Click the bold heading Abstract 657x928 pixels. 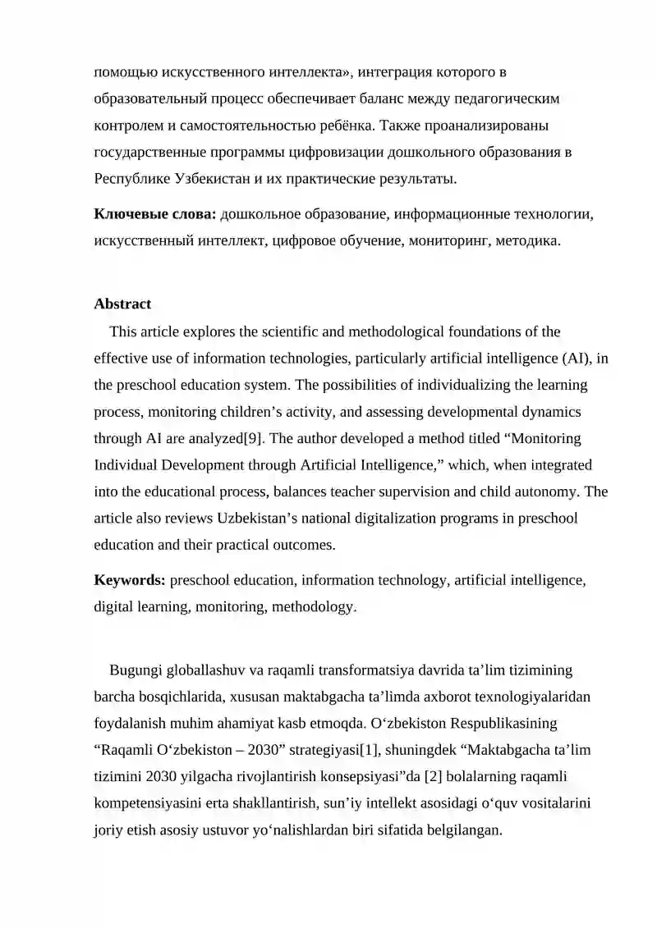pyautogui.click(x=122, y=304)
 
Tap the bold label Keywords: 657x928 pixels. pyautogui.click(x=130, y=580)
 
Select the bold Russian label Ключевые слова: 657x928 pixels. pyautogui.click(x=155, y=214)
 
